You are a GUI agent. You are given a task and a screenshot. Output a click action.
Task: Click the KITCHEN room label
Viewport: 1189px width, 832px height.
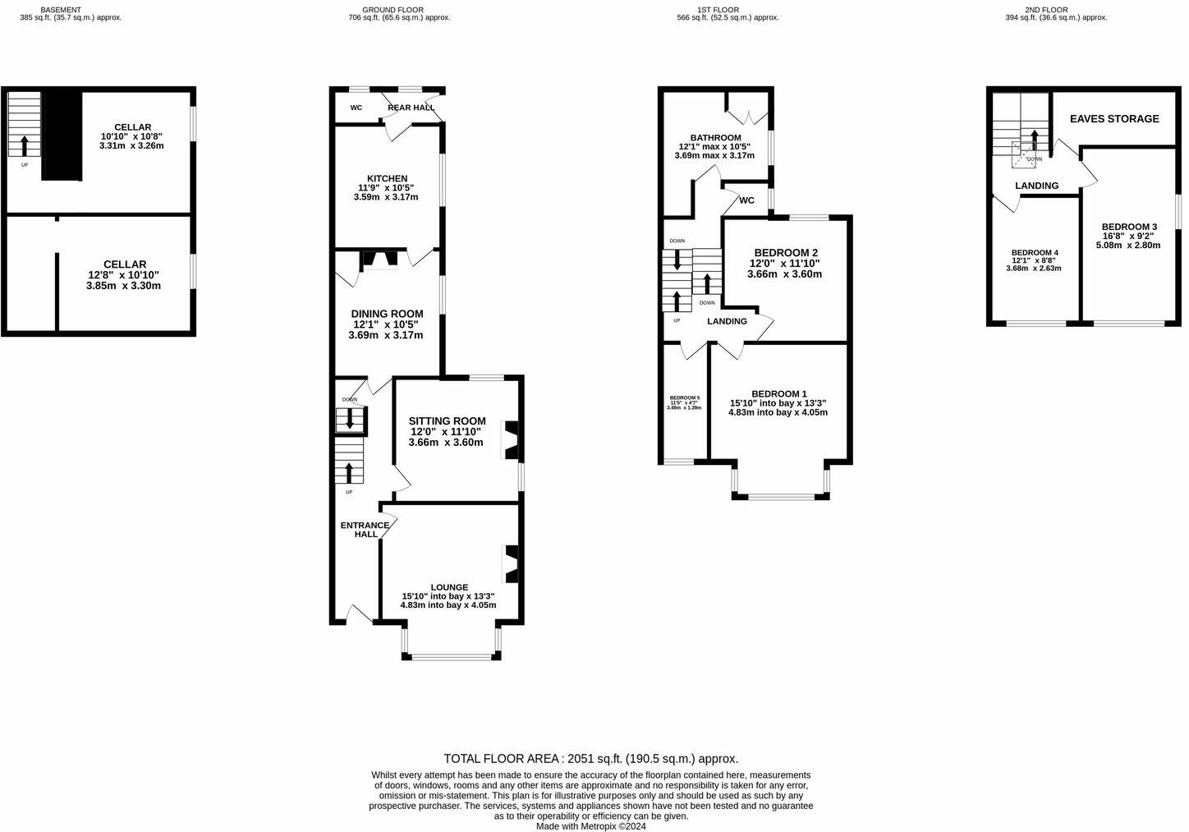[386, 178]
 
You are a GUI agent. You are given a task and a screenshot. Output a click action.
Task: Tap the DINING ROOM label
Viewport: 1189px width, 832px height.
[387, 314]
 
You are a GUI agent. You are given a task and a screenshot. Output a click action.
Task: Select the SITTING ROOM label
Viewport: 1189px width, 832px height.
[447, 421]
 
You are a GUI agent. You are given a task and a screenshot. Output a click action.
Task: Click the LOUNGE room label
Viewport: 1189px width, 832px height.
[448, 587]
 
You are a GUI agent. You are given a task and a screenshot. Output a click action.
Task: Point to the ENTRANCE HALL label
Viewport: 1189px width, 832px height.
[365, 530]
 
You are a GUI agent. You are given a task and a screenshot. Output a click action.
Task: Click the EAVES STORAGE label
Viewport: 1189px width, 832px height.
[1114, 118]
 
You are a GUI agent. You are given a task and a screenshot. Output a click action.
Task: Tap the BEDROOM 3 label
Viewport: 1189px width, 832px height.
[1129, 227]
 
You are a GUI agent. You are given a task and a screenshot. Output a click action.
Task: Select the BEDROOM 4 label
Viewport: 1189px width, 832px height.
[1034, 252]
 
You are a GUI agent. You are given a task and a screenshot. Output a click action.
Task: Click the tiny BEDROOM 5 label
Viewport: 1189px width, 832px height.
[684, 398]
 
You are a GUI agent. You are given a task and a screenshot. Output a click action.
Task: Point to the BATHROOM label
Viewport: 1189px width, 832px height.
[715, 138]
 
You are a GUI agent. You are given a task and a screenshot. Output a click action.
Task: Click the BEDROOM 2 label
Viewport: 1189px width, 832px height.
[784, 252]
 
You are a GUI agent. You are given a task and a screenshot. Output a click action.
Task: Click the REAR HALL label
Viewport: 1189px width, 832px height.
[411, 108]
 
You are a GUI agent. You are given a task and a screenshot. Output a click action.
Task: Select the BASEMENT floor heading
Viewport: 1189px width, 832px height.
[61, 10]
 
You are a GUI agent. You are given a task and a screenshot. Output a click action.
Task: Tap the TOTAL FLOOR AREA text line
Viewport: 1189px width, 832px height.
[590, 759]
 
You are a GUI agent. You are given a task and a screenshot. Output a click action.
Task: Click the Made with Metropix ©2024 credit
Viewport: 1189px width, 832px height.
[591, 826]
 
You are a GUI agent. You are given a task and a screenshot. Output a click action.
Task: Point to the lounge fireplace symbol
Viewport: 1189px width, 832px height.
[510, 563]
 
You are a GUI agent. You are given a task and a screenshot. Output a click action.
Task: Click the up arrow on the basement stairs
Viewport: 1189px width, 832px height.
[25, 145]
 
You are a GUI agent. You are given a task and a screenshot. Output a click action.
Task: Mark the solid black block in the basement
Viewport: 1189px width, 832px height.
[62, 136]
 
